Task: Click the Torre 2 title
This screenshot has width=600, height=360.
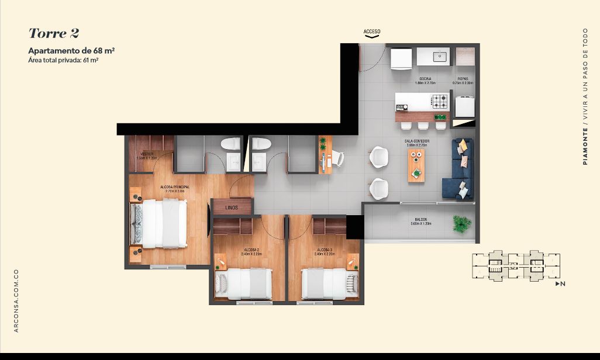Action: (54, 33)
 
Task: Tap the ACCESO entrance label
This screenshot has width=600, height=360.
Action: (372, 31)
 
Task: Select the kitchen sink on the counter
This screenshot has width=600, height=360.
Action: (440, 57)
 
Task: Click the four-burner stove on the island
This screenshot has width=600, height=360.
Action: (440, 102)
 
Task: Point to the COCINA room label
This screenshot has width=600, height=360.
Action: (425, 79)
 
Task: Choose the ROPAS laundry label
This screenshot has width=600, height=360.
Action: (463, 79)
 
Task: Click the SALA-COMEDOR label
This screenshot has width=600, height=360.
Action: (417, 141)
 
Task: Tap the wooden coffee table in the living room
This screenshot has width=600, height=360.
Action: (417, 165)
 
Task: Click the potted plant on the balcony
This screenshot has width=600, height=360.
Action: (461, 223)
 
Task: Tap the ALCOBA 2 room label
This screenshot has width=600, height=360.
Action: (251, 250)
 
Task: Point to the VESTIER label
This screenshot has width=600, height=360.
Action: (147, 155)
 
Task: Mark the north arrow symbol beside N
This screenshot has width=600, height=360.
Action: (557, 284)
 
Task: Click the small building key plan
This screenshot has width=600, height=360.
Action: (515, 266)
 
